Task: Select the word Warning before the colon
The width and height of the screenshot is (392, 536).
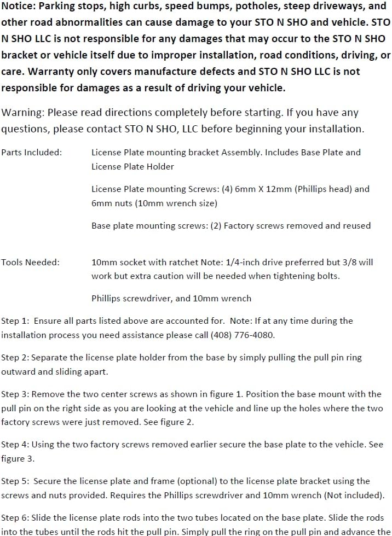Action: coord(22,113)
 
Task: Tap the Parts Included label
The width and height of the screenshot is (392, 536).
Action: coord(31,153)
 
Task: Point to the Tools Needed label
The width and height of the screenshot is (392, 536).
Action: coord(30,263)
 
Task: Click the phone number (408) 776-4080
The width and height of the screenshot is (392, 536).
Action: coord(243,335)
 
